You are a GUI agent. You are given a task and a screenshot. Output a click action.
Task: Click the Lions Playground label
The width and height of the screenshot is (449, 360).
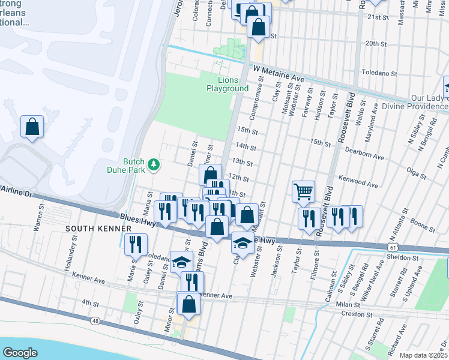pyautogui.click(x=228, y=84)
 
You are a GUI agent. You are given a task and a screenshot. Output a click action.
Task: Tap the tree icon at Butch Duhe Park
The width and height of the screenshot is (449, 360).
pyautogui.click(x=154, y=164)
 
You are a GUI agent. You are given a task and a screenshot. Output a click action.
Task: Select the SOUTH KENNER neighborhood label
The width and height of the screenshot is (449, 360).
pyautogui.click(x=90, y=229)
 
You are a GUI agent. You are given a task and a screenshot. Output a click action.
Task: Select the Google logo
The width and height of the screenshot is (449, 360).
pyautogui.click(x=19, y=353)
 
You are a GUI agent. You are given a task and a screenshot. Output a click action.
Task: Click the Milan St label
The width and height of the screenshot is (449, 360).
pyautogui.click(x=348, y=305)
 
